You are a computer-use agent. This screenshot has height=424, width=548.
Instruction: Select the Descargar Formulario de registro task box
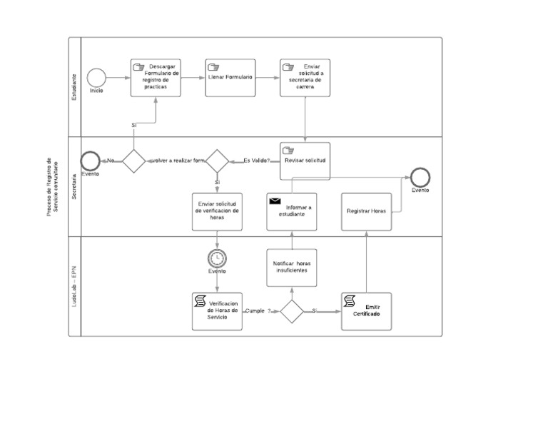tap(156, 77)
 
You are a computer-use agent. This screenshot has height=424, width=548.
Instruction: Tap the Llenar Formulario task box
tap(230, 77)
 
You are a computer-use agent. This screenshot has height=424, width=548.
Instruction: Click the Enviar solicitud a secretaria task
tap(305, 77)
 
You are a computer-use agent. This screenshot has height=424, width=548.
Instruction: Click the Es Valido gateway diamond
tap(217, 161)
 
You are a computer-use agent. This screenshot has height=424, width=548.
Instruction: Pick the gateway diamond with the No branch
tap(133, 161)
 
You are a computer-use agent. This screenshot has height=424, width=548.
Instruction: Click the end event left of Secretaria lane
tap(90, 161)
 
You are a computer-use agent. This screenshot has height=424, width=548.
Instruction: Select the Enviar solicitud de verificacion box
tap(217, 211)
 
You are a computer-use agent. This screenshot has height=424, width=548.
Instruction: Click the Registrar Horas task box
tap(367, 211)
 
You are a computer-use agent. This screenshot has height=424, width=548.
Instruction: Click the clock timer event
tap(217, 258)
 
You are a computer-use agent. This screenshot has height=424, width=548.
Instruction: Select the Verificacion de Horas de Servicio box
tap(217, 311)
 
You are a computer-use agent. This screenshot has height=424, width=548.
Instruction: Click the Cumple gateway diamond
tap(292, 311)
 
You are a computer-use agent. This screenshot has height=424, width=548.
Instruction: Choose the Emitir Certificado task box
tap(367, 311)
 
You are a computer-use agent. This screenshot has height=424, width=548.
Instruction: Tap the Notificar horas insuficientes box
tap(292, 267)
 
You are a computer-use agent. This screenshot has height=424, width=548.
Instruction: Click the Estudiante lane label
tap(74, 86)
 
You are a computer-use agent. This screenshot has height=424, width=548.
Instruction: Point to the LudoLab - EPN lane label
tap(74, 286)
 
